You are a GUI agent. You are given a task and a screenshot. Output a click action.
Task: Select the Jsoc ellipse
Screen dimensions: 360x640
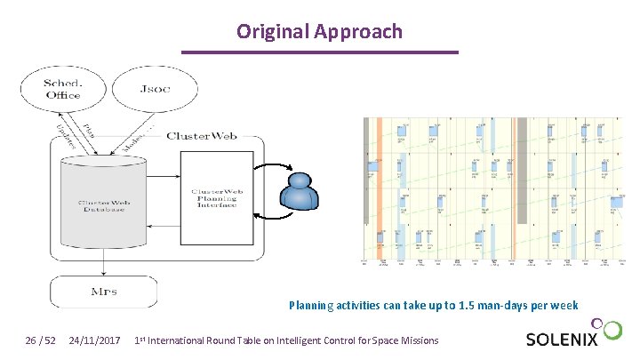(160, 89)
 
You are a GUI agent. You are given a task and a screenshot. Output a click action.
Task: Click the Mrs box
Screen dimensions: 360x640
(103, 292)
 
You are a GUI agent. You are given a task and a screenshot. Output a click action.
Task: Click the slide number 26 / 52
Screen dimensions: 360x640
(39, 340)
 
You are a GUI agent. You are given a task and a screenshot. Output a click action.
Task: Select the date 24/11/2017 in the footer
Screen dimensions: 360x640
(95, 340)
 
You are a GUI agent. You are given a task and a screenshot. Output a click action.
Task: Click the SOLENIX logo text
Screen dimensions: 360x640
(561, 340)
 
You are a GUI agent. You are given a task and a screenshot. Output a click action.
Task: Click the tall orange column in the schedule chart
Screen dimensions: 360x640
(379, 191)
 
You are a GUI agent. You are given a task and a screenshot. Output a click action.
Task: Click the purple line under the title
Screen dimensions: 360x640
(319, 52)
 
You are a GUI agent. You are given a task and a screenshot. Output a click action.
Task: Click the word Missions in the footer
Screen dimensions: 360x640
(417, 340)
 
